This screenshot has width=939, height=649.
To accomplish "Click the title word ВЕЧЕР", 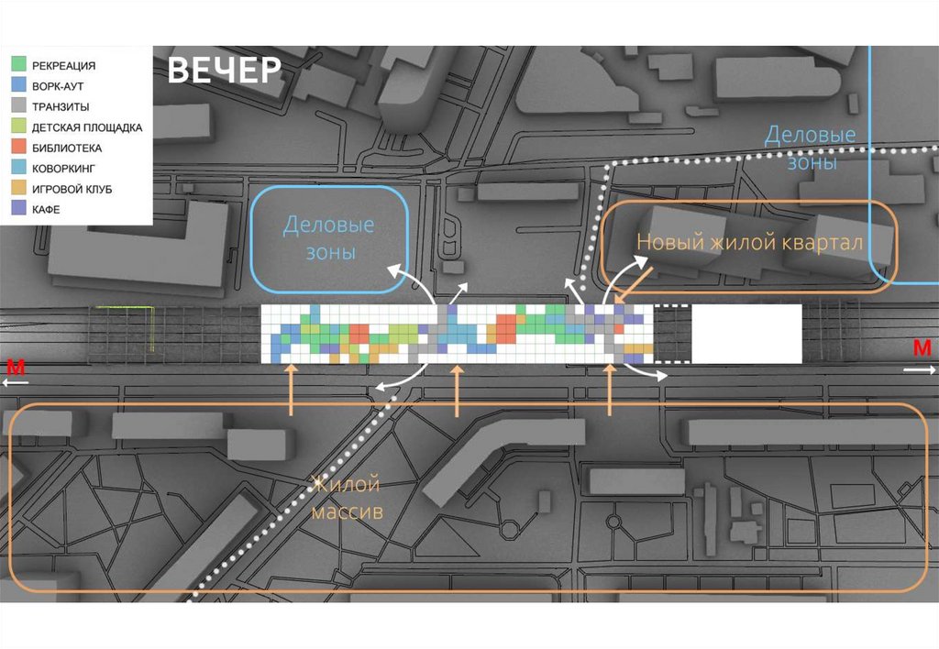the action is coord(224,71).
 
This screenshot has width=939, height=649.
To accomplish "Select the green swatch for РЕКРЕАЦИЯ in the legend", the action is coord(18,65).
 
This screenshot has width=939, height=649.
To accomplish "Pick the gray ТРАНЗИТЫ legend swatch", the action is coord(18,106).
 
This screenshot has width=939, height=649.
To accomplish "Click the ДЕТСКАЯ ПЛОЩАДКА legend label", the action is coord(86,127).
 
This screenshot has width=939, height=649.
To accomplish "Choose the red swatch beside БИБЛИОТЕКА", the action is coord(18,148).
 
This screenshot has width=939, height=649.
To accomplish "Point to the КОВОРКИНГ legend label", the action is coord(63,169).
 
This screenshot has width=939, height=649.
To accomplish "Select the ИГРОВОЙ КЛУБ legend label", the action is coord(71,189).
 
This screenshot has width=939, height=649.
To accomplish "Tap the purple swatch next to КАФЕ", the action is coord(18,210).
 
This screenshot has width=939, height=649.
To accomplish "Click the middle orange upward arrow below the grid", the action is coord(458,390).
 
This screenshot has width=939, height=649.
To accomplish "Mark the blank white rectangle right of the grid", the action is coord(746,333).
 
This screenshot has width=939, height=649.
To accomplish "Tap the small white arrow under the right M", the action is coord(920,370).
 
